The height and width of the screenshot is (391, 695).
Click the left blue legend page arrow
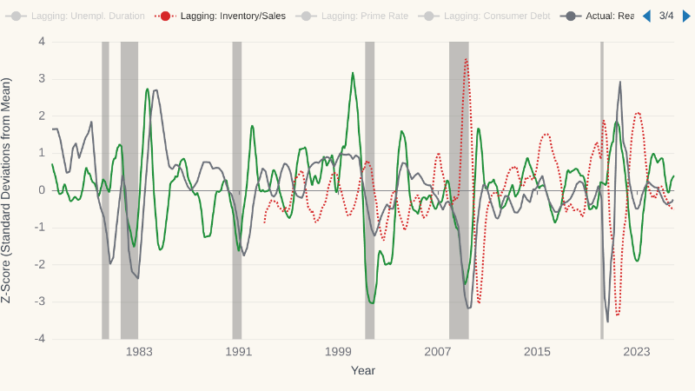tap(646, 16)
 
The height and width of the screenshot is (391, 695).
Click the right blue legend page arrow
tap(686, 16)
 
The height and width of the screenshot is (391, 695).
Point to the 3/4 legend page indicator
tap(666, 16)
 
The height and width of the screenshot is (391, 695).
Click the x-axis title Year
tap(363, 371)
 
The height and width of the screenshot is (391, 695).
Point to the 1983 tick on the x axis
tap(139, 352)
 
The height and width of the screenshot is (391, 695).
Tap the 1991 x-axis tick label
tap(238, 352)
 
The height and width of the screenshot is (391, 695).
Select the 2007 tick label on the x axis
tap(438, 352)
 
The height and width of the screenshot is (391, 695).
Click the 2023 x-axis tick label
tap(637, 352)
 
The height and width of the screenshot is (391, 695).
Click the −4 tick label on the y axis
tap(39, 339)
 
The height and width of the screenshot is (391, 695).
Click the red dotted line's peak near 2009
tap(467, 59)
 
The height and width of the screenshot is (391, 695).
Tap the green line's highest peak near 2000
tap(353, 73)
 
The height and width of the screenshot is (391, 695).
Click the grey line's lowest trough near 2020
tap(607, 321)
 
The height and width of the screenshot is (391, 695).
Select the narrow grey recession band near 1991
tap(237, 190)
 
